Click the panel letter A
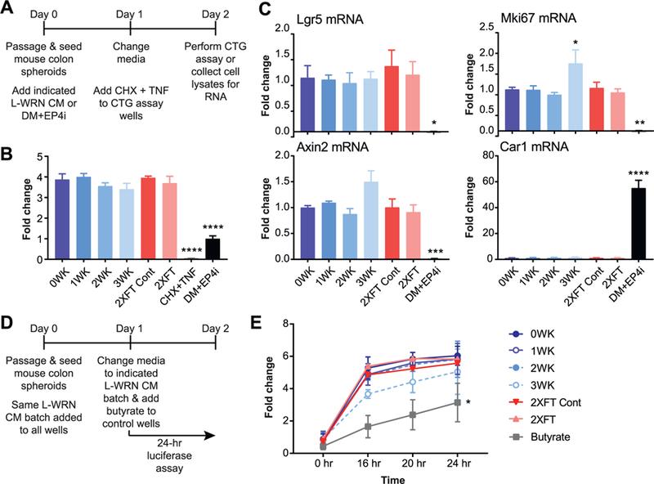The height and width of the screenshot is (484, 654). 7,8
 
